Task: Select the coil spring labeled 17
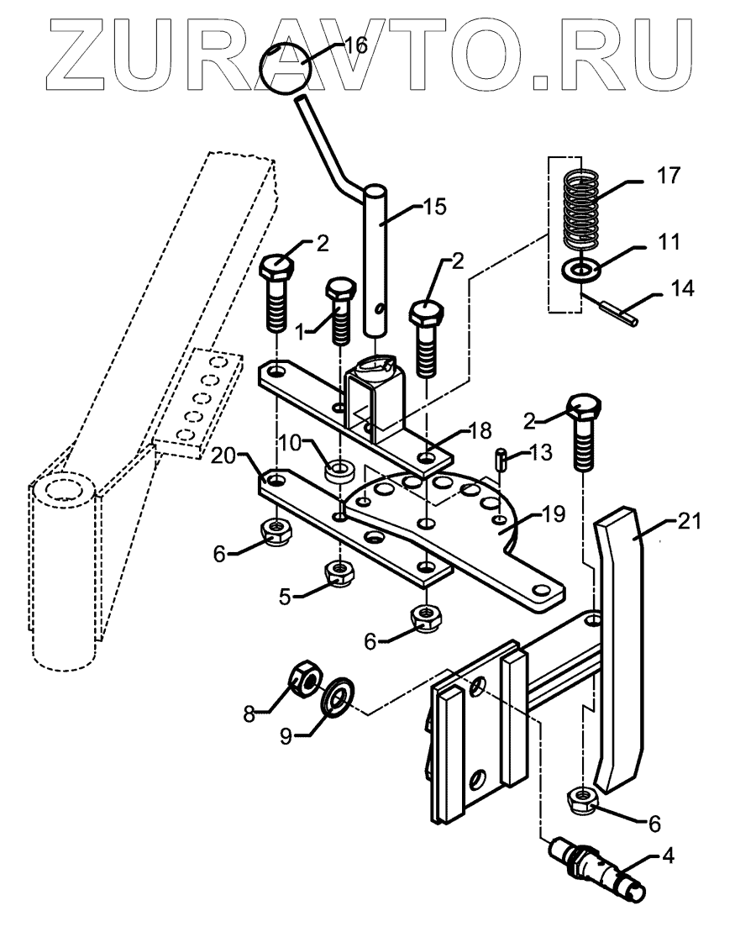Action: point(580,210)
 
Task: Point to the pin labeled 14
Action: point(618,313)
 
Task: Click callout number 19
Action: point(553,513)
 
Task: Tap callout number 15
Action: point(434,207)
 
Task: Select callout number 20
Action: point(223,455)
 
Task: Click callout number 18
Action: point(480,429)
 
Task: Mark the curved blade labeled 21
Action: point(619,648)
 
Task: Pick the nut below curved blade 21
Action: point(582,799)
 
